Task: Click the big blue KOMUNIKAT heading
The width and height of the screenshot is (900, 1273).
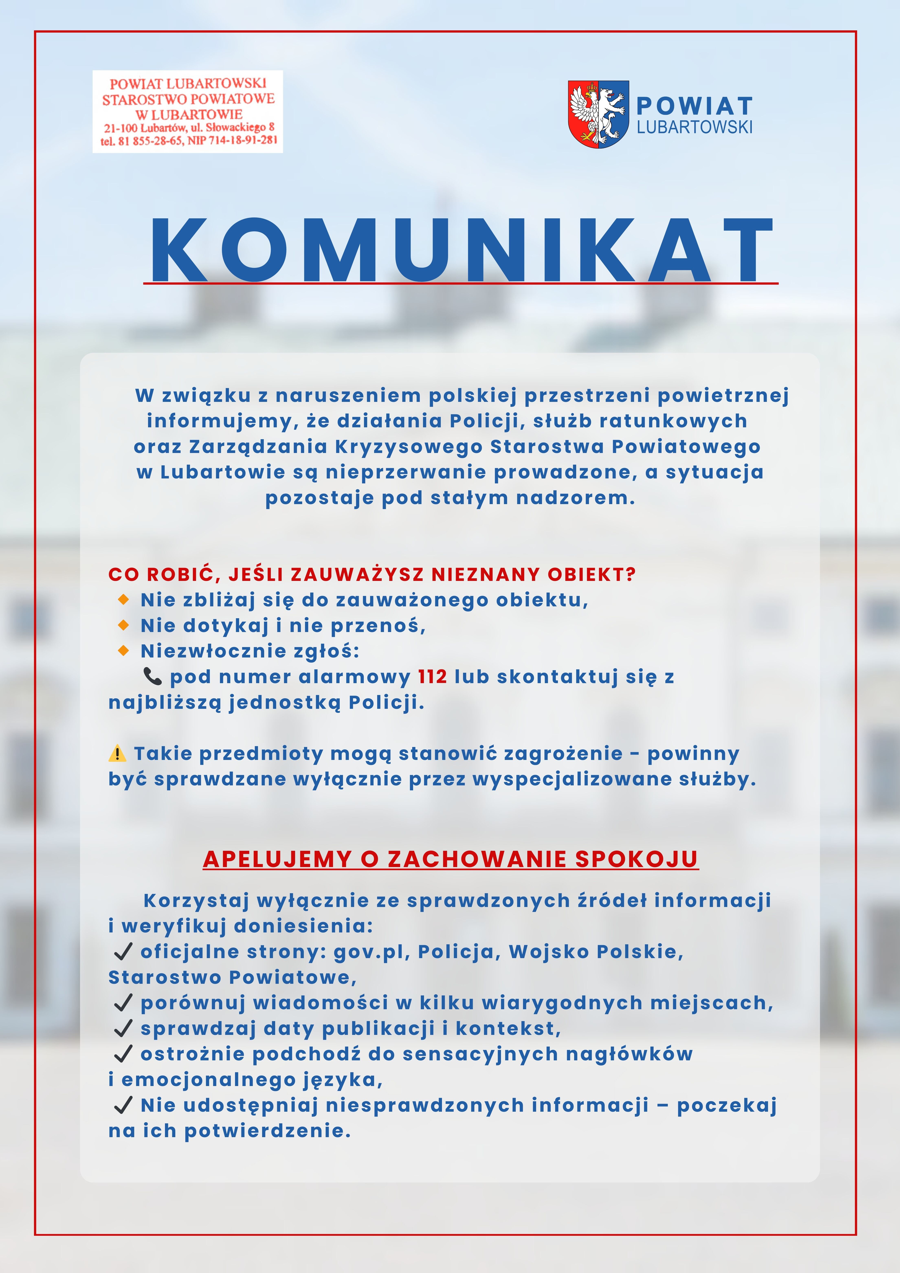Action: [461, 251]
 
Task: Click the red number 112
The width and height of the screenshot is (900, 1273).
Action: [432, 677]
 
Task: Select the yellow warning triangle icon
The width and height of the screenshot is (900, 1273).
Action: [117, 753]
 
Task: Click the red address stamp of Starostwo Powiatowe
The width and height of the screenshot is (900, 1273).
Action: [187, 111]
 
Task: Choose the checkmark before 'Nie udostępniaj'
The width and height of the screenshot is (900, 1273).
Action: [123, 1106]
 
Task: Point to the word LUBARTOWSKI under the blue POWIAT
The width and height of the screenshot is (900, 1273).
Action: [694, 128]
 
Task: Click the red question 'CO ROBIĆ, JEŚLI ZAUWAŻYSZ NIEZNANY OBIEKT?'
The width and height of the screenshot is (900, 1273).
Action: [371, 574]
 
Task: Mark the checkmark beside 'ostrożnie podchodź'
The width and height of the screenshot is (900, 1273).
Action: [123, 1054]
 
